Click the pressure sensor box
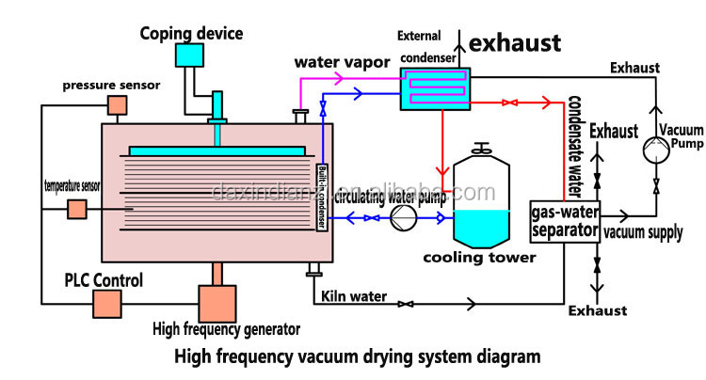(x=117, y=105)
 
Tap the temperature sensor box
(x=77, y=209)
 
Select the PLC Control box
(x=107, y=304)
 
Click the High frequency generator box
(x=217, y=304)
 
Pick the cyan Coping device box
(x=189, y=55)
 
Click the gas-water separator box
(x=565, y=222)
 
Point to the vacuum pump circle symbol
(x=656, y=150)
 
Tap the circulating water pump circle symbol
(x=403, y=218)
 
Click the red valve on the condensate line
(x=509, y=103)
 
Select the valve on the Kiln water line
(x=406, y=305)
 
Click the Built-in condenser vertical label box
(x=322, y=197)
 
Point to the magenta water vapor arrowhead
(x=338, y=78)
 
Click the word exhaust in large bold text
(x=515, y=43)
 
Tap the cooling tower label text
(x=479, y=258)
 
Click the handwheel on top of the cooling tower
(x=481, y=148)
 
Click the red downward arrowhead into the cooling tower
(x=442, y=171)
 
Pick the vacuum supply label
(x=643, y=232)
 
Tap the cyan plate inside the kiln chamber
(x=217, y=150)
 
